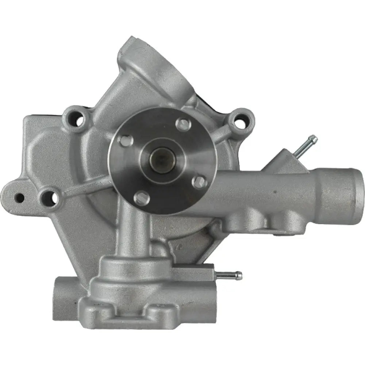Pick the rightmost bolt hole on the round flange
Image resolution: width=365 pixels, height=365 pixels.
coord(199,182)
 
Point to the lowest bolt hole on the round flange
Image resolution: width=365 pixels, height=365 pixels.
coord(142,197)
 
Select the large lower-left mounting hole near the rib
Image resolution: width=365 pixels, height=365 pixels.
coord(51,197)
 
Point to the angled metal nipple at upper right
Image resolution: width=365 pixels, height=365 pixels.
coord(306,146)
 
